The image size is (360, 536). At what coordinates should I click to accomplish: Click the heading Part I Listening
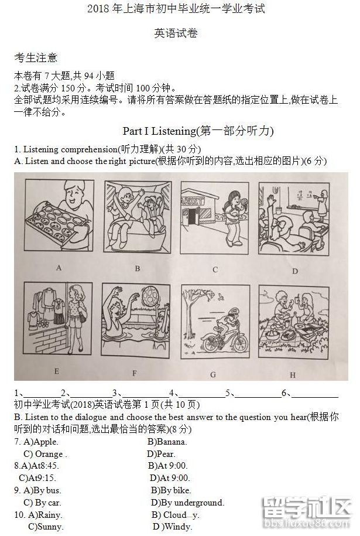coord(198,131)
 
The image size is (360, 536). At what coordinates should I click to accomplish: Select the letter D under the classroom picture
coord(295,271)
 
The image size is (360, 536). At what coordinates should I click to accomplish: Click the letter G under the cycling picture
coord(213,374)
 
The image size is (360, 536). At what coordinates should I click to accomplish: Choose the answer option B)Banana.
coord(167,442)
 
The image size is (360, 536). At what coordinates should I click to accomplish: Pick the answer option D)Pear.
coord(161,454)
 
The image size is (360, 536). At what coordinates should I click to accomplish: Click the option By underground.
coord(187,503)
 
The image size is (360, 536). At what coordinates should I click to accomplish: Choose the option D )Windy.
coord(173,527)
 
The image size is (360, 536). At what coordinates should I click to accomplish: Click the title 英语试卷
coord(176,33)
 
